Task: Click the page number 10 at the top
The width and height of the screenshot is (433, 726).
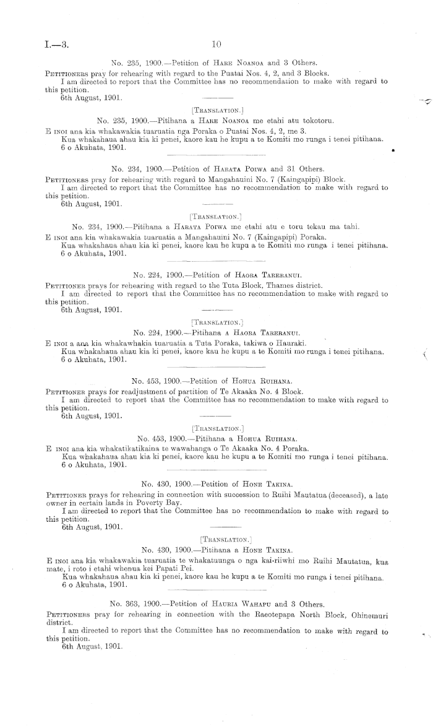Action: [x=216, y=45]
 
